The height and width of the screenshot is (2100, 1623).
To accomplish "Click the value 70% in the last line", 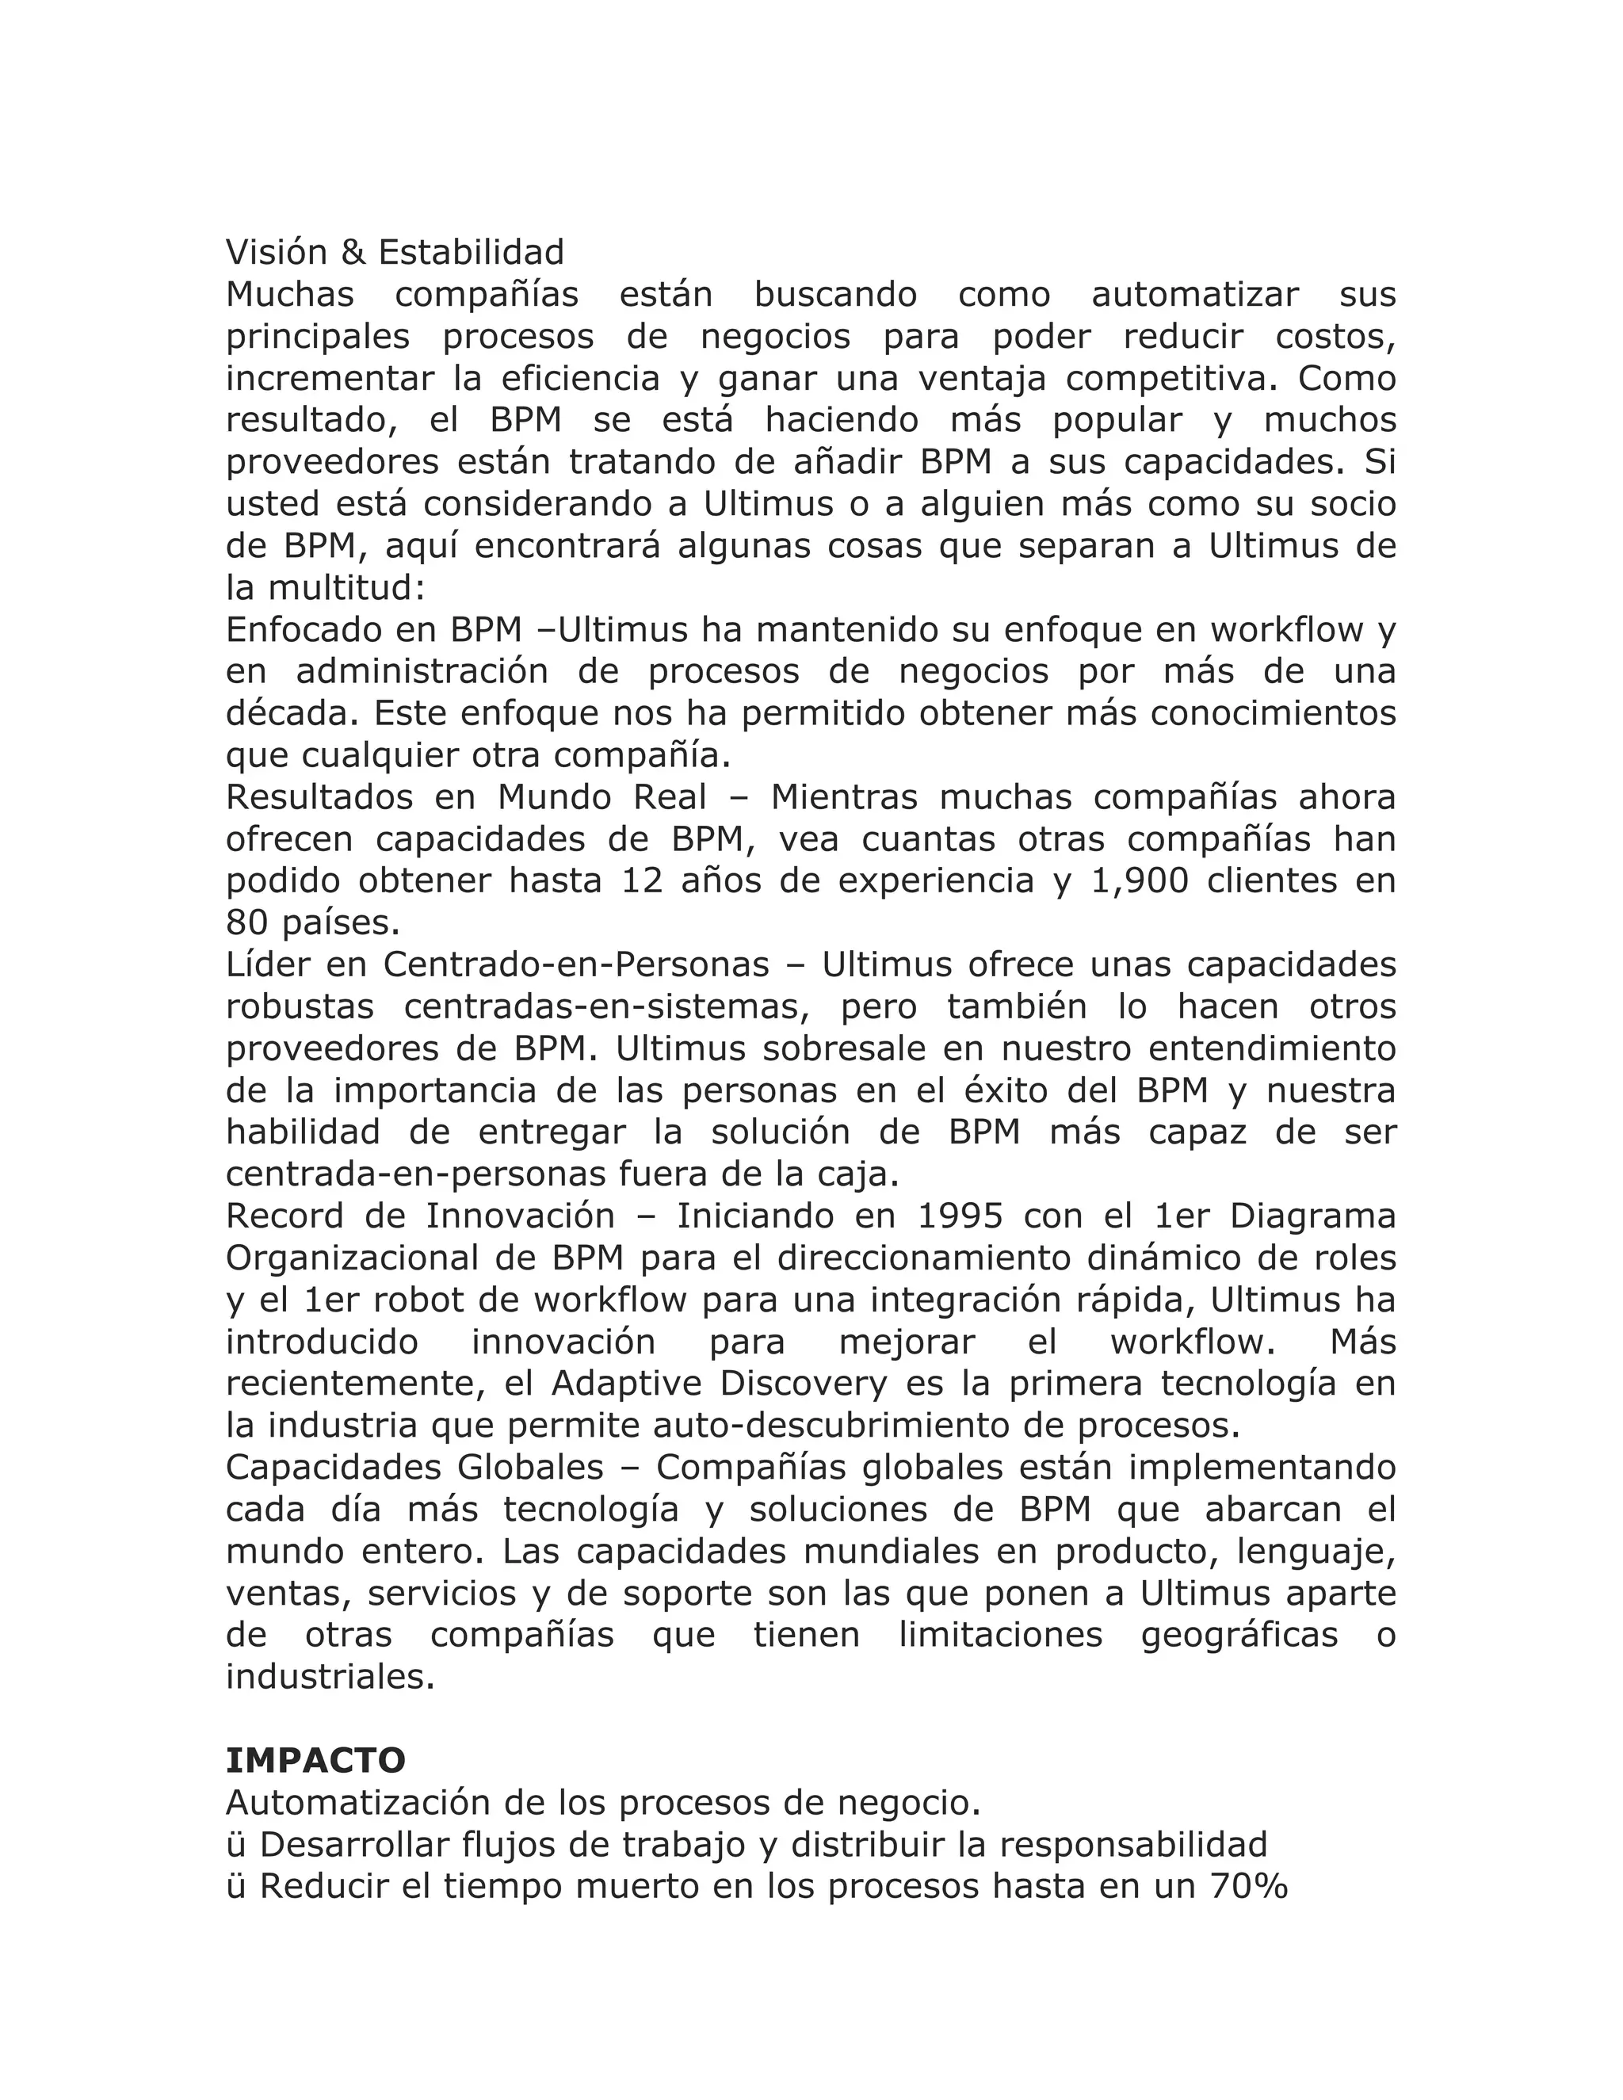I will (1248, 1887).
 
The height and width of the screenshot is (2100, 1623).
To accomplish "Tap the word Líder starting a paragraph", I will (266, 964).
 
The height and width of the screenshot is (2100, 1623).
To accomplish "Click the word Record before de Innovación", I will (285, 1216).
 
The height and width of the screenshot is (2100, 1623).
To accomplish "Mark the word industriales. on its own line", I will (330, 1677).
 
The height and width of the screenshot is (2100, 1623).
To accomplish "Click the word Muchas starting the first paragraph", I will (289, 294).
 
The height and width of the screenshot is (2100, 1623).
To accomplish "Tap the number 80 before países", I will (247, 923).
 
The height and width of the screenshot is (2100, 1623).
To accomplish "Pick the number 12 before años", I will (642, 880).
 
